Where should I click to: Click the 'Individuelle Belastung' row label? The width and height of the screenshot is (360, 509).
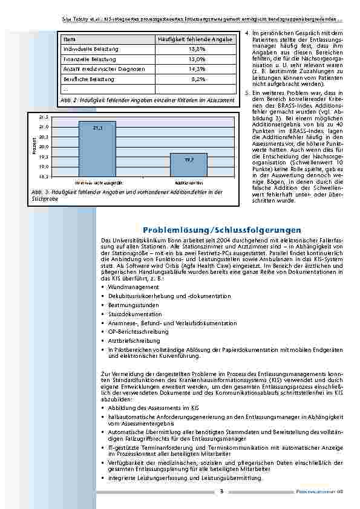[91, 48]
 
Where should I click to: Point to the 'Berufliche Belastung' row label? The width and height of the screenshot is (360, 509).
[88, 79]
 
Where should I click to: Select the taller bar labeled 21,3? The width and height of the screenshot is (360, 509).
[97, 149]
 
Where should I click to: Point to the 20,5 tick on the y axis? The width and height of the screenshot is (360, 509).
[44, 137]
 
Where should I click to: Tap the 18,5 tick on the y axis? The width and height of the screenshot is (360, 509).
[44, 177]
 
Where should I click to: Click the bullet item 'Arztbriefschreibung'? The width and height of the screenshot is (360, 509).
[134, 341]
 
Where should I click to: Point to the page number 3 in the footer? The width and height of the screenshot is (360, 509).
[221, 491]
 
